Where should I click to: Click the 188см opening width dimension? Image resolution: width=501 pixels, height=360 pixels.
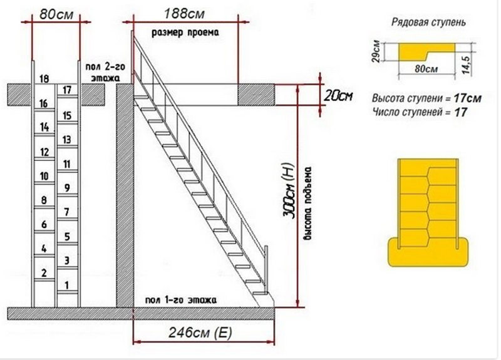click(x=184, y=14)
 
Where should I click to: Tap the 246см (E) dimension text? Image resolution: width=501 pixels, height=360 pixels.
click(x=200, y=333)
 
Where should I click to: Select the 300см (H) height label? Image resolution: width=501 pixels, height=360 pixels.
click(x=288, y=191)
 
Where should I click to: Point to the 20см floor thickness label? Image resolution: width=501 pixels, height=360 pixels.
click(x=338, y=96)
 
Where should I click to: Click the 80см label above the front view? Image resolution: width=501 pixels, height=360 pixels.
click(x=56, y=14)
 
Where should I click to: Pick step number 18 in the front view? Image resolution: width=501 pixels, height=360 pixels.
click(x=44, y=79)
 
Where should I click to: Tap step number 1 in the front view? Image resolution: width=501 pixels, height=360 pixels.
click(x=67, y=285)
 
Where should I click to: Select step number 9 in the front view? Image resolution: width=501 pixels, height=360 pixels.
click(x=67, y=188)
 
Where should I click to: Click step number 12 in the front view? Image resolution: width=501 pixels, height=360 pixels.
click(x=44, y=152)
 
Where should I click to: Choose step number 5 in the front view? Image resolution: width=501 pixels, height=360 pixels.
click(x=67, y=237)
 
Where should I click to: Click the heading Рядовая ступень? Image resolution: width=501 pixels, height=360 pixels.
click(x=428, y=23)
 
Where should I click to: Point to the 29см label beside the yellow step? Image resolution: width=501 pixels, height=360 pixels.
click(x=376, y=51)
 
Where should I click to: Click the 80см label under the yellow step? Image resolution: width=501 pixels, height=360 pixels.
click(x=426, y=69)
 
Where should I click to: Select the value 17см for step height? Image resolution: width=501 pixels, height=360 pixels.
click(x=467, y=98)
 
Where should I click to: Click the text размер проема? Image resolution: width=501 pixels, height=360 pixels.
click(x=185, y=33)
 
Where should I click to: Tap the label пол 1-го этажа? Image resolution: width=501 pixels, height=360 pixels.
click(x=181, y=301)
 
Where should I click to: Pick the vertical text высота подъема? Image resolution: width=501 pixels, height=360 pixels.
click(x=308, y=203)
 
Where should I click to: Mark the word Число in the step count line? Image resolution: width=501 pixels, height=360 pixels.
click(x=385, y=112)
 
